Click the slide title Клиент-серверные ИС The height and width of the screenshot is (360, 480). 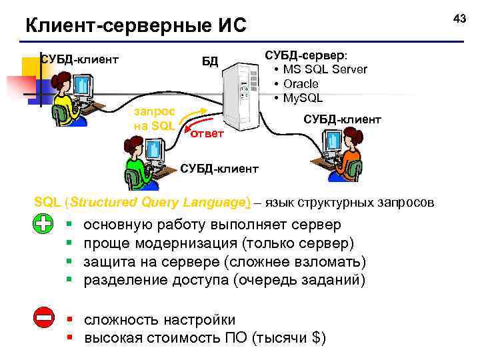click(x=135, y=26)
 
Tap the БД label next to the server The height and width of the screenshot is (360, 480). click(x=210, y=62)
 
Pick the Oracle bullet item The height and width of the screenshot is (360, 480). click(x=301, y=84)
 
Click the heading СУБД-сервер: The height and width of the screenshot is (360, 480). click(x=310, y=55)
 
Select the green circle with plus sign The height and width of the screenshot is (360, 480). click(x=42, y=225)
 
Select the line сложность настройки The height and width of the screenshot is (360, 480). click(x=159, y=320)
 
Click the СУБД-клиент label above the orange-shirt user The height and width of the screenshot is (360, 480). click(x=342, y=119)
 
